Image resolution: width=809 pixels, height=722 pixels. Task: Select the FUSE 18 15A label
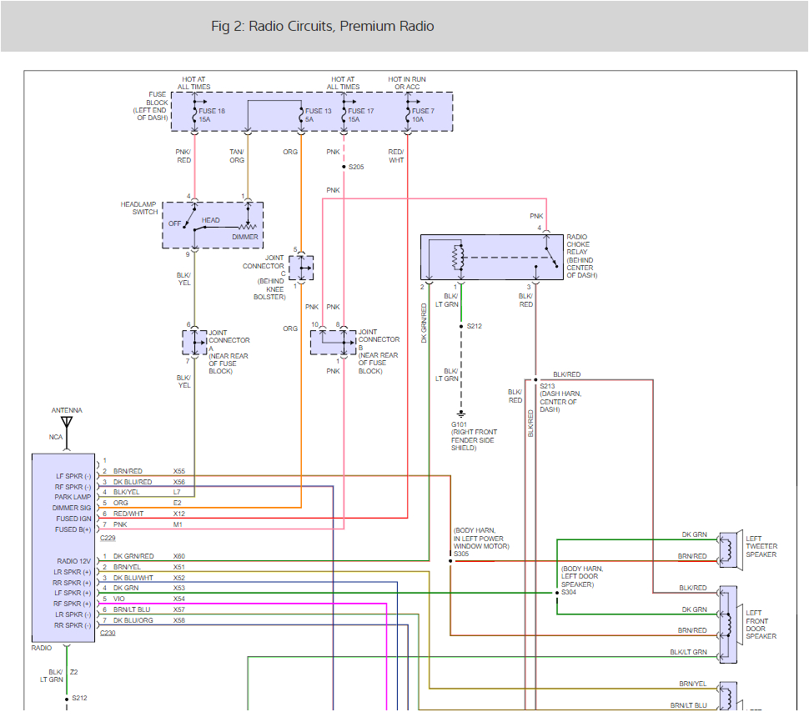point(212,115)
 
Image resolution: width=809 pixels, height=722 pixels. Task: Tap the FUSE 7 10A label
point(423,115)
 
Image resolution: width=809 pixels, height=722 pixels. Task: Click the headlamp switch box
point(213,224)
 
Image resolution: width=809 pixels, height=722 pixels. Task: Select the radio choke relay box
point(492,257)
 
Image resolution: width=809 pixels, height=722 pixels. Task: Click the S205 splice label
point(356,167)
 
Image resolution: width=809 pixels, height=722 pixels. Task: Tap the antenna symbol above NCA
point(67,423)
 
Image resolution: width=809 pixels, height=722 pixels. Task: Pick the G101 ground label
point(462,424)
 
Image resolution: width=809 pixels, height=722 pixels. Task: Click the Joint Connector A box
point(194,342)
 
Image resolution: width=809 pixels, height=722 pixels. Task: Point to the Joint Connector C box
point(302,268)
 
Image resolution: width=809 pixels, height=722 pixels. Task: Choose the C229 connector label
point(108,539)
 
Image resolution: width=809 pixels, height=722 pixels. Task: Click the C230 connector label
point(108,634)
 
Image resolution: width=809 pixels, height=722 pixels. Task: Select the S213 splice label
point(547,386)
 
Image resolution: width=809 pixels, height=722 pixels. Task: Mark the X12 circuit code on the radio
point(178,514)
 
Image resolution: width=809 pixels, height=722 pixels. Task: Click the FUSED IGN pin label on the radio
point(73,519)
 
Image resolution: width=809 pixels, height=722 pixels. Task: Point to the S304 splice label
point(568,592)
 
